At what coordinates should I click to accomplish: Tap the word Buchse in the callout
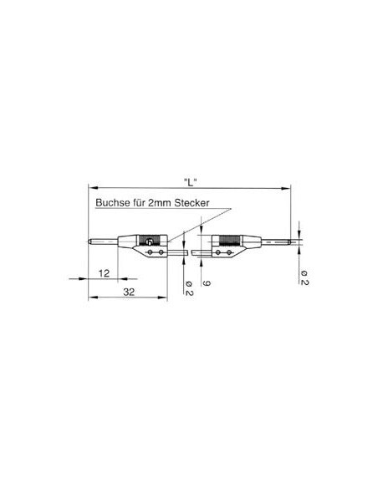click(x=111, y=203)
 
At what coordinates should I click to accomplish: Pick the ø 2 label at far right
click(x=304, y=277)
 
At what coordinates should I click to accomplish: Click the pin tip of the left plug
click(x=90, y=243)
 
